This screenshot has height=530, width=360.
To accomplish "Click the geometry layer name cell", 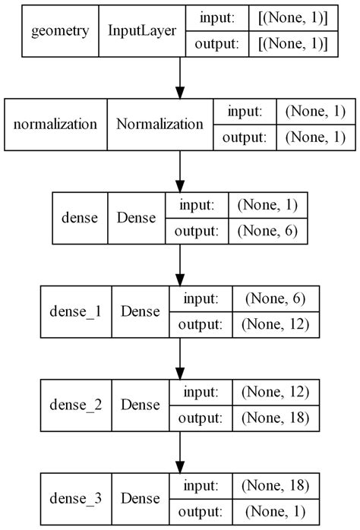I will tap(60, 32).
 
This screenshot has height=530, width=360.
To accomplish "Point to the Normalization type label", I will tap(159, 124).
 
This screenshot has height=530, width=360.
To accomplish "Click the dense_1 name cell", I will tap(74, 311).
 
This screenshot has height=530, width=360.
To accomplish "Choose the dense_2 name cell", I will tap(74, 404).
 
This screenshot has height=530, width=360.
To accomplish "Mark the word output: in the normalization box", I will tap(244, 137).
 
